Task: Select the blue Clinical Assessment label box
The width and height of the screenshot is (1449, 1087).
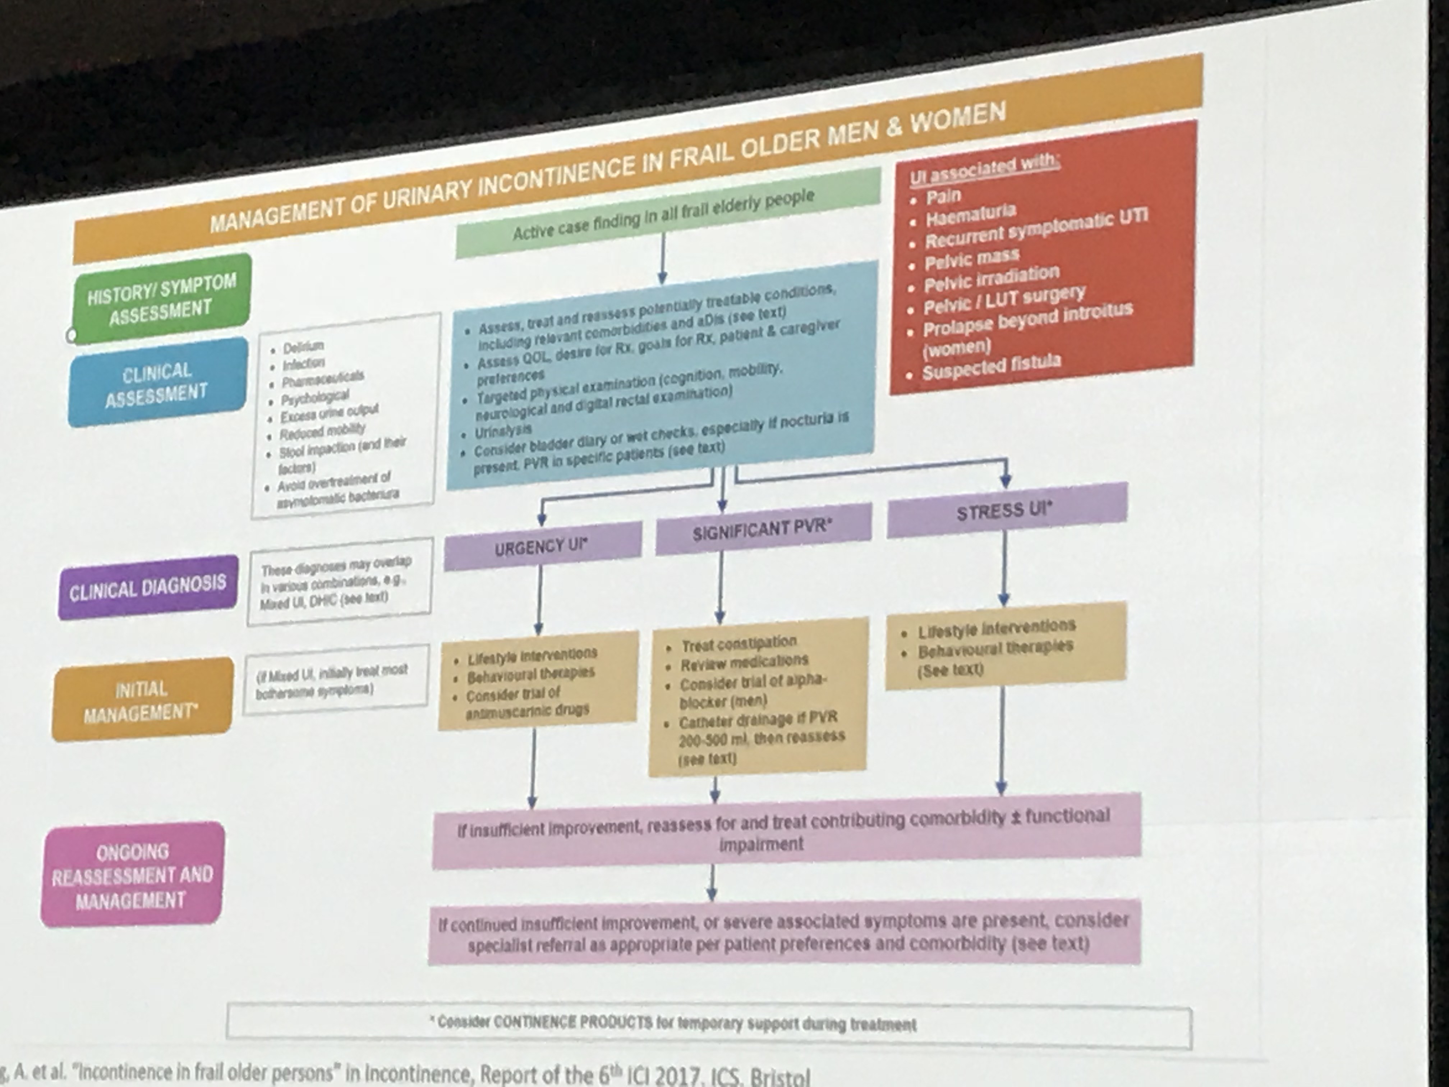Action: (157, 383)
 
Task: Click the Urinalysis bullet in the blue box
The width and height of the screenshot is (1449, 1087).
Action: (503, 431)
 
